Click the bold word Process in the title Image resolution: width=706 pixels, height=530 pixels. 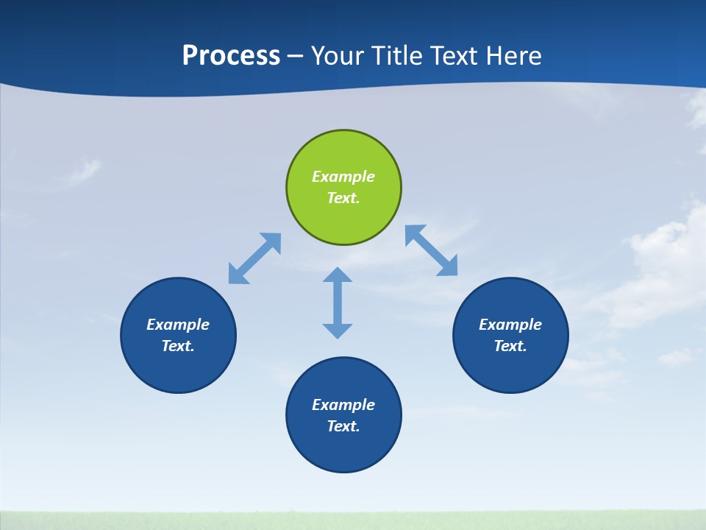point(231,56)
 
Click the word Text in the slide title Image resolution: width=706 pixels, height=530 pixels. point(455,56)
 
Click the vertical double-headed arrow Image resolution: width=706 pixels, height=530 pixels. point(338,303)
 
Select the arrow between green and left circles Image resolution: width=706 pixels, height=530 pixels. point(254,258)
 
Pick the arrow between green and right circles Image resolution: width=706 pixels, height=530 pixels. point(432,250)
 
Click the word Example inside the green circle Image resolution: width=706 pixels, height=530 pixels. point(343,177)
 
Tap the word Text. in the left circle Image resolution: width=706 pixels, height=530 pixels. point(178,346)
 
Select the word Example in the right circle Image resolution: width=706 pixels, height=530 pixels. point(510,325)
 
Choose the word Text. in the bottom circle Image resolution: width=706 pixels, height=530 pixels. point(343,426)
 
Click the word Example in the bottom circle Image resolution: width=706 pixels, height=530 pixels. point(343,405)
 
